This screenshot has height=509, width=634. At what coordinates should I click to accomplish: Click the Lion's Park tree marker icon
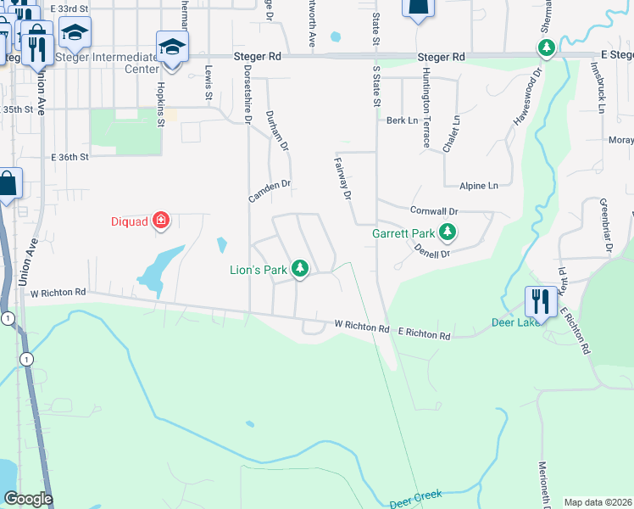pos(299,269)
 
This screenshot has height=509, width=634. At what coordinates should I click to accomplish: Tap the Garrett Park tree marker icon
pos(448,232)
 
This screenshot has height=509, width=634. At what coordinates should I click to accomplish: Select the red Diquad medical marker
pos(160,222)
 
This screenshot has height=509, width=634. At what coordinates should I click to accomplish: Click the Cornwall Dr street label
pos(433,210)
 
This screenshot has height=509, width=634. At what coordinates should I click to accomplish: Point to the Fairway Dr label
pos(342,178)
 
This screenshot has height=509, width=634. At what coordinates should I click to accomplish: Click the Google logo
pos(28,499)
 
